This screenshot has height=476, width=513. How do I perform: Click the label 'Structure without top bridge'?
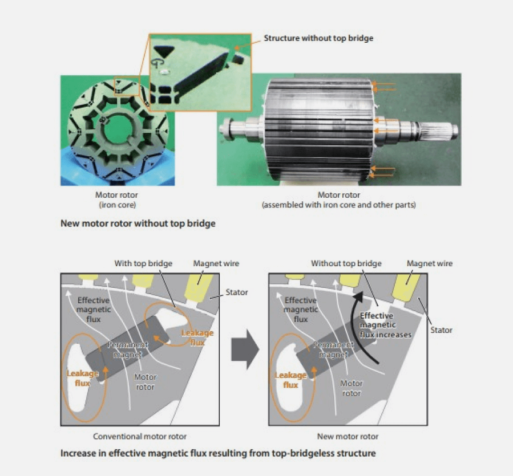pos(318,38)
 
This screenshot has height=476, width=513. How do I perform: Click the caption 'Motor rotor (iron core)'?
pos(117,200)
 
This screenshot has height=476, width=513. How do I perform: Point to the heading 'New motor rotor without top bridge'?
pos(138,223)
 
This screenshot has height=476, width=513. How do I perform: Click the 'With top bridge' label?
pos(143,263)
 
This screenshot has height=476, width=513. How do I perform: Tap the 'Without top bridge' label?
pos(346,263)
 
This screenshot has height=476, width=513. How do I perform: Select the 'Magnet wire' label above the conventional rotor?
pos(216,263)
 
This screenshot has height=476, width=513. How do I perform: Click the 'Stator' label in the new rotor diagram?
pos(441,330)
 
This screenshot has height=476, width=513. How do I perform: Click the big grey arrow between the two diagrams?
pos(245,349)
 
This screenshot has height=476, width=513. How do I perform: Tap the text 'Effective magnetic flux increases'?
pos(385,326)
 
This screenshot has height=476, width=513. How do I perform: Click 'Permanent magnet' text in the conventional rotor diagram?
pos(128,349)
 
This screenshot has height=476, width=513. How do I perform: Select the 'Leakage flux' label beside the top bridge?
pos(197,337)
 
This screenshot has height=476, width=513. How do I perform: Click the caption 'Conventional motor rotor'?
pos(140,437)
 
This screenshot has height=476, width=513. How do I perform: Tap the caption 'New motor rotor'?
pos(348,437)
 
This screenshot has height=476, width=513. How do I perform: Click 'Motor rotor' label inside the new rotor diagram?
pos(352,388)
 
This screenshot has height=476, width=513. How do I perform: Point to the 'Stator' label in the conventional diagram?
pos(237,292)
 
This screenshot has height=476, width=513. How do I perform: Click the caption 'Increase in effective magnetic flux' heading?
pos(218,453)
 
